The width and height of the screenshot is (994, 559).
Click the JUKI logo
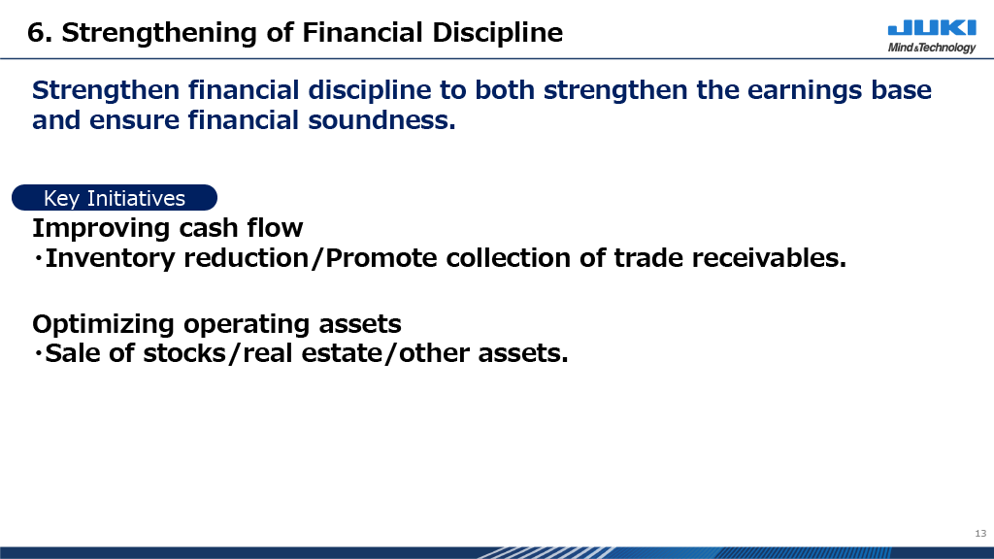932,28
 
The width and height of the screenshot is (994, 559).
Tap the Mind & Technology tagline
932,48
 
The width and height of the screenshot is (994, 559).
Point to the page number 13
980,534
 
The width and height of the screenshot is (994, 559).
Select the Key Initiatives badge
115,198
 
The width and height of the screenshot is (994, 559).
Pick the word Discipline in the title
497,33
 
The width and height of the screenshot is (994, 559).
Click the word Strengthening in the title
158,33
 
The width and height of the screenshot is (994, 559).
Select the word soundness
381,119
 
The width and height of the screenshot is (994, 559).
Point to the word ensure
134,120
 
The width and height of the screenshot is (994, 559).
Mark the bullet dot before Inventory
38,258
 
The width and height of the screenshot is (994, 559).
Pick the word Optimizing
103,324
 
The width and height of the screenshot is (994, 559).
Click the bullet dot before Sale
38,353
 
